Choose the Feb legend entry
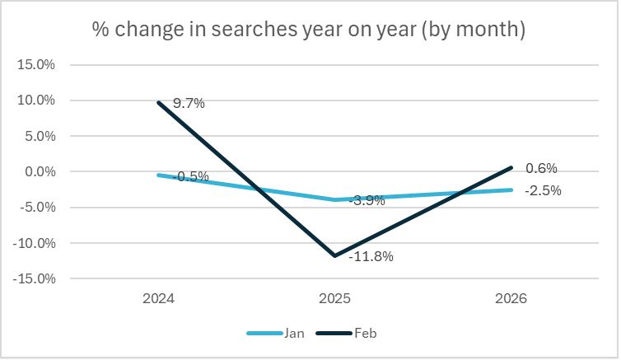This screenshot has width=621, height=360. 366,334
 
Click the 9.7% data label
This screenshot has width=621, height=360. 189,104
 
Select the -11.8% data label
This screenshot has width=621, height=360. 371,256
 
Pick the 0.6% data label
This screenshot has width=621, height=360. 541,169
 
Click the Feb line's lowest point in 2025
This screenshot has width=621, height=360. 334,255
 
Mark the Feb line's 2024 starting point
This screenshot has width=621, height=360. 157,102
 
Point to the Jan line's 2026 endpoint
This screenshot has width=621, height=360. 511,189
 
